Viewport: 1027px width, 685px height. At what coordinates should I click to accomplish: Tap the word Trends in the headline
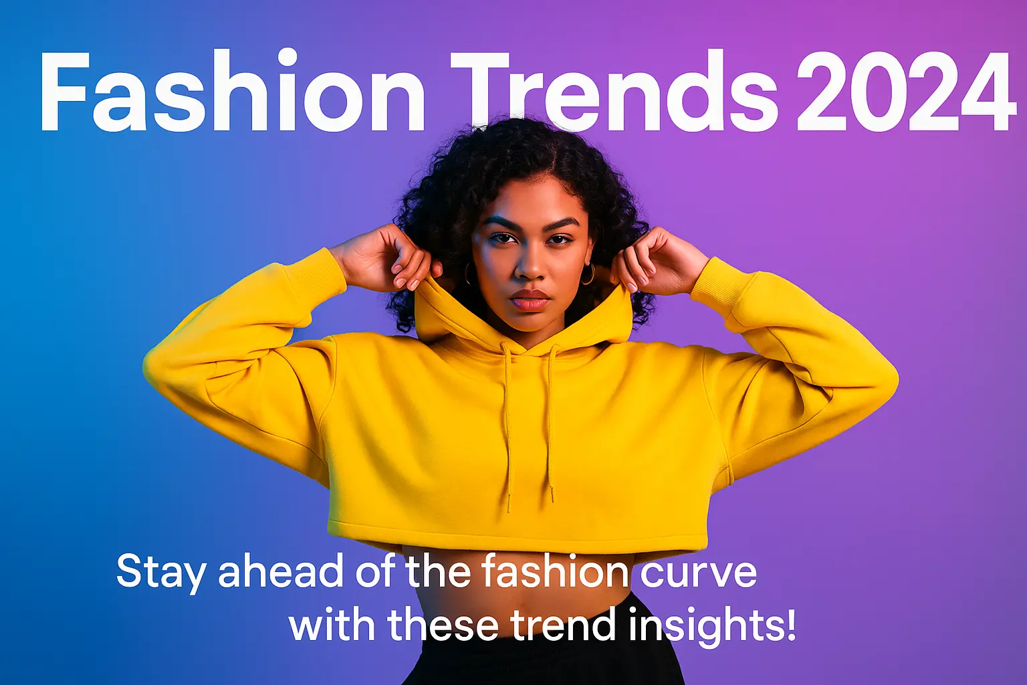614,91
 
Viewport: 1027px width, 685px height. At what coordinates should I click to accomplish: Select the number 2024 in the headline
906,91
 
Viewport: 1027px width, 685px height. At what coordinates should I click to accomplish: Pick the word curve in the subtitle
698,573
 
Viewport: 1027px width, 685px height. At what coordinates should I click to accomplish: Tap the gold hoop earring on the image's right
588,274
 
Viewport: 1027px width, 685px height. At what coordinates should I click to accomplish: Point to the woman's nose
530,264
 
